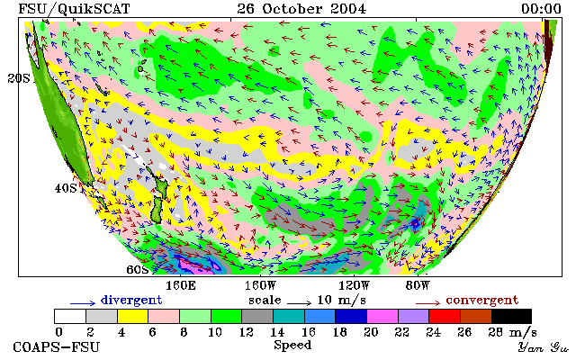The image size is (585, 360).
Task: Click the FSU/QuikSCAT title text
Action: pyautogui.click(x=74, y=9)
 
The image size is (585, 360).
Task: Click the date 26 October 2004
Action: pyautogui.click(x=301, y=9)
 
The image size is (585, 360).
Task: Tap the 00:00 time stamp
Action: pyautogui.click(x=541, y=9)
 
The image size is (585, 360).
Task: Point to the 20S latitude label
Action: pyautogui.click(x=18, y=78)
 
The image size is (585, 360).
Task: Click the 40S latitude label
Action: pyautogui.click(x=66, y=188)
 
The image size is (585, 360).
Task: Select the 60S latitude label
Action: pyautogui.click(x=138, y=269)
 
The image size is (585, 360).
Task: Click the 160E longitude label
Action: pyautogui.click(x=181, y=286)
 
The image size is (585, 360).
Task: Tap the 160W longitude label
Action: pyautogui.click(x=260, y=286)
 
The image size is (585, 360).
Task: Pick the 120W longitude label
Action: pyautogui.click(x=354, y=286)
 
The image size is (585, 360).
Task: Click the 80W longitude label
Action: pyautogui.click(x=418, y=286)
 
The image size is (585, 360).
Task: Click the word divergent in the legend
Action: pyautogui.click(x=131, y=301)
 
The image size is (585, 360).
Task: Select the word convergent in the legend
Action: pyautogui.click(x=482, y=301)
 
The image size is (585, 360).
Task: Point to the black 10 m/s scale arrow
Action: pyautogui.click(x=299, y=302)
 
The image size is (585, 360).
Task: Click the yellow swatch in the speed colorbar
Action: pyautogui.click(x=133, y=317)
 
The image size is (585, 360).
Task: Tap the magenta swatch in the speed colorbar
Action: pyautogui.click(x=382, y=317)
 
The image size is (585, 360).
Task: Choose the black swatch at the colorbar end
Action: pyautogui.click(x=511, y=317)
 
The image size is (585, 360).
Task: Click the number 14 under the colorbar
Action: pyautogui.click(x=277, y=332)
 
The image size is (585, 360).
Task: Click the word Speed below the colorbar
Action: pyautogui.click(x=292, y=346)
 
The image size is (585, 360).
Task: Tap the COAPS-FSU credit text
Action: pyautogui.click(x=57, y=347)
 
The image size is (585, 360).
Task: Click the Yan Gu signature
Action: pyautogui.click(x=544, y=347)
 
